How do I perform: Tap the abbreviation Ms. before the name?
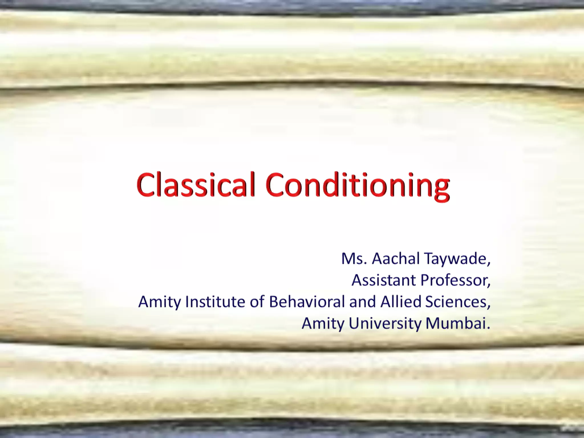click(x=354, y=259)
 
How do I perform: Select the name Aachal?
click(x=396, y=259)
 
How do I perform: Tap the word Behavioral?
click(x=307, y=302)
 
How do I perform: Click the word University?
click(x=385, y=324)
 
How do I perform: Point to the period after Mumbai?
click(x=488, y=328)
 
